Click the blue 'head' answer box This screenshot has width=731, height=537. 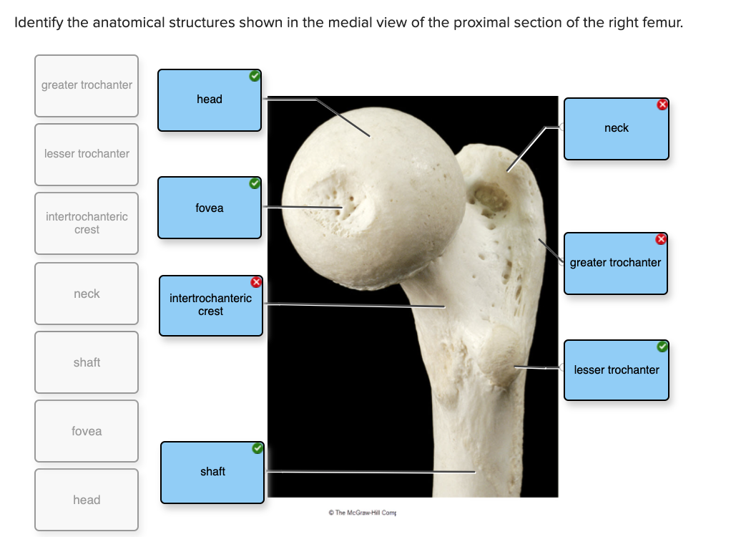(210, 100)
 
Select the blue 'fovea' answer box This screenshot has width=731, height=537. (210, 208)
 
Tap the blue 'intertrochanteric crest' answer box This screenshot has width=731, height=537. (210, 305)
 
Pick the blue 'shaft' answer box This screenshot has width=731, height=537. (212, 472)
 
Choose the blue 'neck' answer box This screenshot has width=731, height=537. (616, 128)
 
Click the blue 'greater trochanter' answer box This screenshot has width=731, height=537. (615, 263)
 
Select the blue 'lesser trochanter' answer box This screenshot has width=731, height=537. (616, 370)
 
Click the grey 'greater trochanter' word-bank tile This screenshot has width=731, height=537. (87, 85)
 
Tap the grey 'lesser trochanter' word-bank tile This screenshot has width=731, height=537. (87, 154)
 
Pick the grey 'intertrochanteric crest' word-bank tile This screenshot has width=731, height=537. (87, 223)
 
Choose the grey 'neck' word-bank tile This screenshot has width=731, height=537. (87, 294)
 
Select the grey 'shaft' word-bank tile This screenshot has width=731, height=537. (87, 362)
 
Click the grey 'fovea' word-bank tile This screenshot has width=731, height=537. (87, 431)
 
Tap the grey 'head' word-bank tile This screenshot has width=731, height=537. (87, 500)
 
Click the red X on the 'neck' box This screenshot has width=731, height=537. (662, 105)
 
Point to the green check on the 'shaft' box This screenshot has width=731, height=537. (257, 449)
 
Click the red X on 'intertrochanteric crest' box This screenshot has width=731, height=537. (256, 282)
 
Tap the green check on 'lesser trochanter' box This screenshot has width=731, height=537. (662, 347)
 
